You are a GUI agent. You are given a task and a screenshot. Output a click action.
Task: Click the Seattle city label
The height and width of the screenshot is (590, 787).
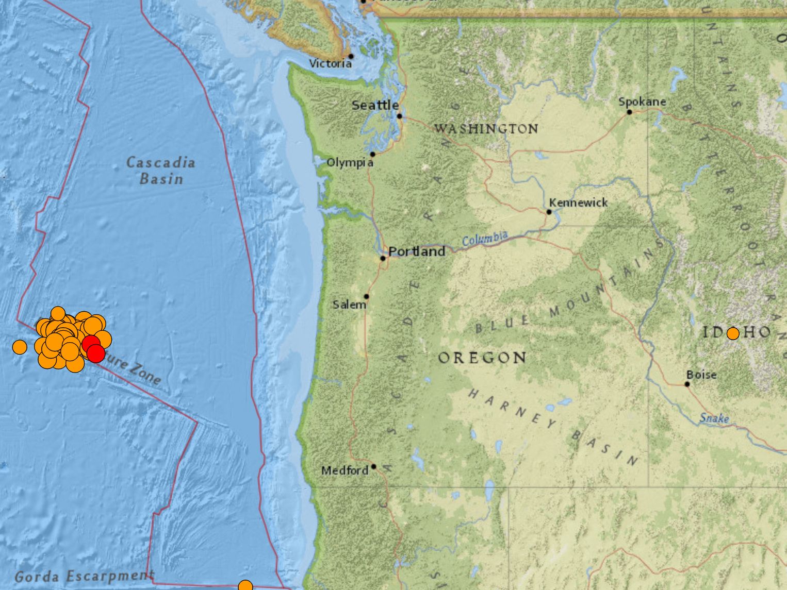click(375, 105)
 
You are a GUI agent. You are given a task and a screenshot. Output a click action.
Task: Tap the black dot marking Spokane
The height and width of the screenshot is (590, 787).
click(629, 112)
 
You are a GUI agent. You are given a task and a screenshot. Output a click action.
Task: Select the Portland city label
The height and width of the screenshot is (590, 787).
click(417, 251)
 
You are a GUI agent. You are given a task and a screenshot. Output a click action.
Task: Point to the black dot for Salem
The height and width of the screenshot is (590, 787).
click(367, 296)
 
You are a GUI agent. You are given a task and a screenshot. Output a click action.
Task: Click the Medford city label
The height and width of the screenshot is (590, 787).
click(345, 470)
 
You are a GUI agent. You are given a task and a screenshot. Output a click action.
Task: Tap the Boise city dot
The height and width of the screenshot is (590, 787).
click(687, 384)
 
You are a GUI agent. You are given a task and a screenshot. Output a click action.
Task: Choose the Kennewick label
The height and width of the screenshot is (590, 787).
click(578, 203)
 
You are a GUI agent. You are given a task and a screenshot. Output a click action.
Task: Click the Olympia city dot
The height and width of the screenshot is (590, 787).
click(372, 154)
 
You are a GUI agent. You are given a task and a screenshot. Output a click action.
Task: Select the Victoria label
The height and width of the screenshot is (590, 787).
click(330, 63)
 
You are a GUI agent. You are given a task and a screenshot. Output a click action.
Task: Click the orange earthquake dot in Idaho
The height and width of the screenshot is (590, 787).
click(733, 333)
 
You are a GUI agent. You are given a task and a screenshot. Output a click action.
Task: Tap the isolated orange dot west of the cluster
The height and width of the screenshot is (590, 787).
click(20, 347)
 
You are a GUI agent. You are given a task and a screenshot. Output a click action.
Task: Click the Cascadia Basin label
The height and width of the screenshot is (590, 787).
click(161, 171)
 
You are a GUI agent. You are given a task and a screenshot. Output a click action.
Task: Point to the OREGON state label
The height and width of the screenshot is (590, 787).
click(482, 358)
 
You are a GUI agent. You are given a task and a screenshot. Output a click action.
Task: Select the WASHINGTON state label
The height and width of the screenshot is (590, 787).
click(486, 128)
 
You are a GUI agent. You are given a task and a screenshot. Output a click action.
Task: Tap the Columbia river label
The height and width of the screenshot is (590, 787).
click(484, 239)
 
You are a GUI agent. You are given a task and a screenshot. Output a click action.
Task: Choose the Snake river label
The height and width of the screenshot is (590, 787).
click(714, 418)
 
